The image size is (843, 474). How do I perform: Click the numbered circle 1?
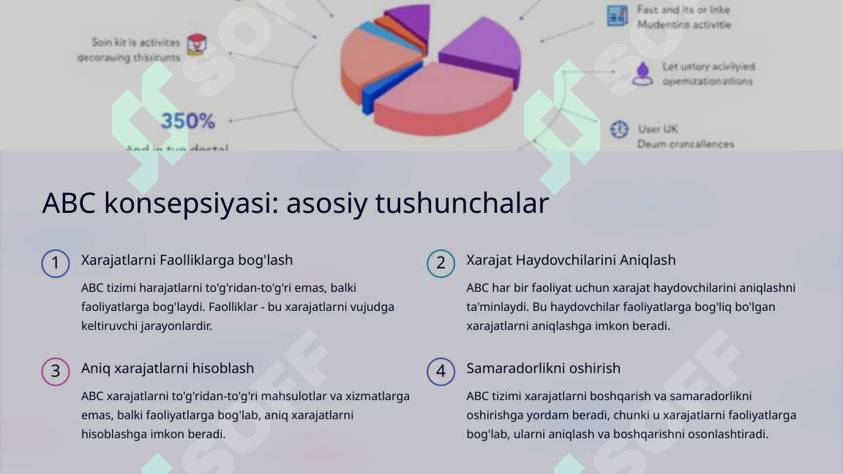coord(56,263)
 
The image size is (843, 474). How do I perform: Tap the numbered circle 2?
coord(441,263)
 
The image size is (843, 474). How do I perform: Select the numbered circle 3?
coord(56,372)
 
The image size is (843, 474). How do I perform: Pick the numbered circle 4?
coord(441,372)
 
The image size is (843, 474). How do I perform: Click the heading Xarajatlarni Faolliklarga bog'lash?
coord(187,260)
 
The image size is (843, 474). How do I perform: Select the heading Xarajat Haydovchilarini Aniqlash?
coord(571,260)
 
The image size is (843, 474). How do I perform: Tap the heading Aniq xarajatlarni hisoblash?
coord(168,368)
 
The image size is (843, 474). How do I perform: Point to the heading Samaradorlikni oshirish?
coord(543,368)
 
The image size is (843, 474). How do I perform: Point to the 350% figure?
coord(188,121)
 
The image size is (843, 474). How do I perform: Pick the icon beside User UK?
coord(619,129)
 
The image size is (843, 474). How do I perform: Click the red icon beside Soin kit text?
coord(195,45)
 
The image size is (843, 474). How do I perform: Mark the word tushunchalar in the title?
coord(462,203)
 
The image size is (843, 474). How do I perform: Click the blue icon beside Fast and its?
coord(617,15)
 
